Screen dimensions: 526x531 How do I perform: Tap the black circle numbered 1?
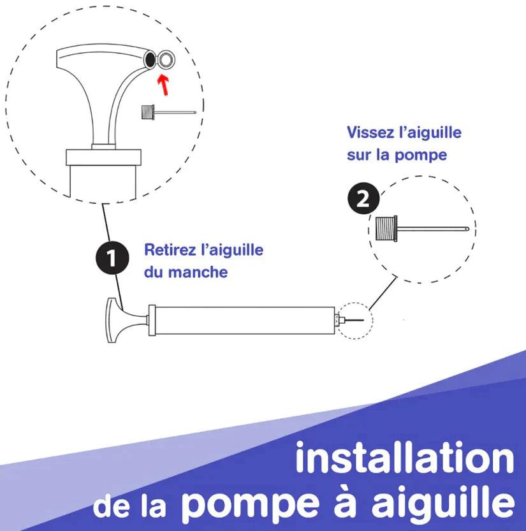[112, 258]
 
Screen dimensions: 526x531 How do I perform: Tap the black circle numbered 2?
[363, 198]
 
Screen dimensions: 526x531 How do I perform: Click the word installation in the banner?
[405, 458]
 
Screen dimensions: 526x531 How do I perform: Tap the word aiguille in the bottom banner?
[443, 500]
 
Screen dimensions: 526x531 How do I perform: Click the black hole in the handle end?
[149, 60]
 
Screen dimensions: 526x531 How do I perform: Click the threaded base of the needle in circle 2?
[386, 228]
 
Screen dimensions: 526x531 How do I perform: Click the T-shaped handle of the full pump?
[124, 320]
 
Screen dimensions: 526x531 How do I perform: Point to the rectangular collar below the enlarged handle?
[103, 157]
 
